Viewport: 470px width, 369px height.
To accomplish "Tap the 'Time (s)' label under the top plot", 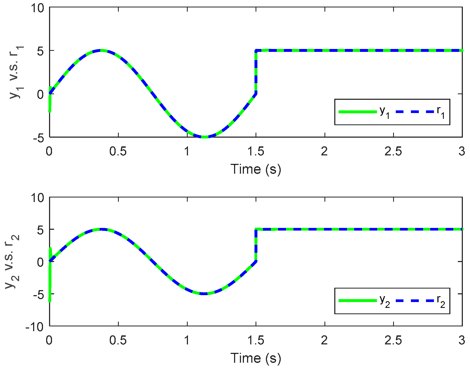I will click(256, 169).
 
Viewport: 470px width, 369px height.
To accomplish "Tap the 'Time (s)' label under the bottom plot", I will click(256, 358).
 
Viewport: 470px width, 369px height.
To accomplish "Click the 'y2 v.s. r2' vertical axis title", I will click(12, 261).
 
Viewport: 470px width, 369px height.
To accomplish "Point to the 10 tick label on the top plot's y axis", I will click(37, 8).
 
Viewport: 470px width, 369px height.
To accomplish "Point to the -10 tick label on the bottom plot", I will click(34, 327).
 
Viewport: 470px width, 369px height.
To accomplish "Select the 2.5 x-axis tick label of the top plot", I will click(393, 152).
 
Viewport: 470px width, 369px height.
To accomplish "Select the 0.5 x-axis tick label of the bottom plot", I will click(118, 340).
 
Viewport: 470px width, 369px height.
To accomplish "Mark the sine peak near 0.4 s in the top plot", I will click(101, 50).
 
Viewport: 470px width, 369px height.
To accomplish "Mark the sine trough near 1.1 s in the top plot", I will click(204, 137).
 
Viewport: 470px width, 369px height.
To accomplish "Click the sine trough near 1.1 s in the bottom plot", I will click(204, 294).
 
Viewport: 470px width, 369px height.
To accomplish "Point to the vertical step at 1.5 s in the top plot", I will click(256, 71).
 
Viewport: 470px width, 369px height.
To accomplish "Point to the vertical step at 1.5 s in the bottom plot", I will click(256, 245).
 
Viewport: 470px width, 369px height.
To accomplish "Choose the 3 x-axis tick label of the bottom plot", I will click(462, 340).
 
